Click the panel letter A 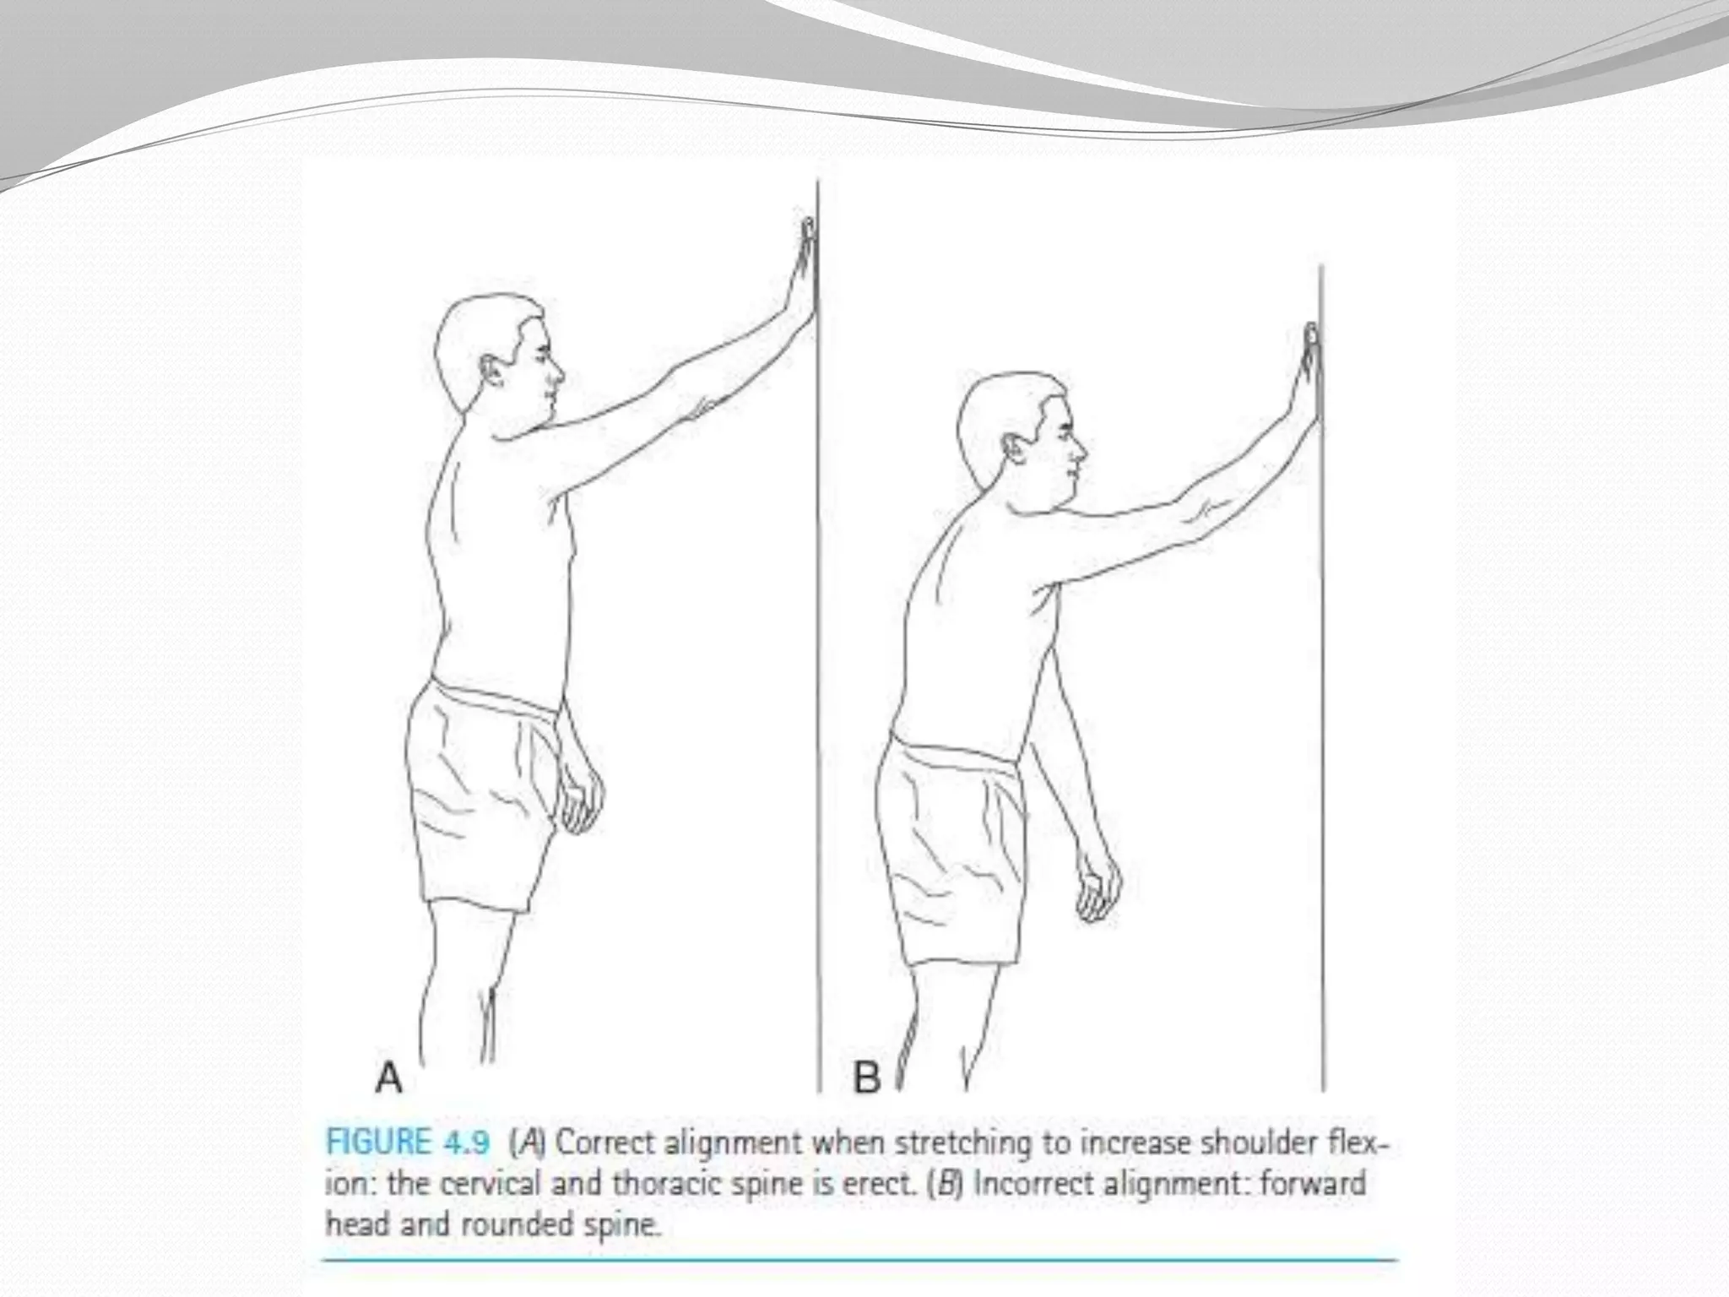(x=388, y=1077)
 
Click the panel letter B (x=867, y=1077)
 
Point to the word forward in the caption (x=1313, y=1183)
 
